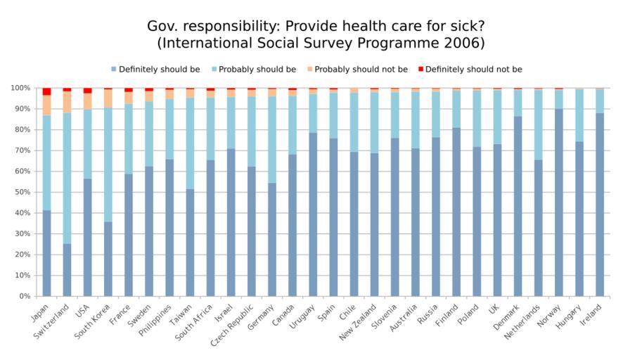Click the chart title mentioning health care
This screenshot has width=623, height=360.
point(315,34)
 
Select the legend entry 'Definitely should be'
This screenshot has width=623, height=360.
point(159,70)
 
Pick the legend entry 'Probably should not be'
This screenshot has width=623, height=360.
point(361,70)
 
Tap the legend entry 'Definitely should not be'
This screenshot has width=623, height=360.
point(473,70)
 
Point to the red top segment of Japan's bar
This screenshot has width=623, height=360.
point(46,91)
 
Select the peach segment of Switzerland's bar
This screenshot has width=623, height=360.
point(67,102)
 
